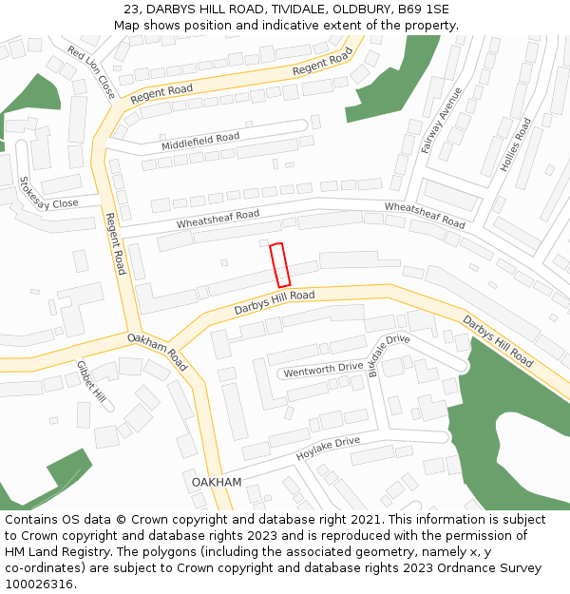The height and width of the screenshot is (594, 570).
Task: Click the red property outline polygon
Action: pyautogui.click(x=279, y=265)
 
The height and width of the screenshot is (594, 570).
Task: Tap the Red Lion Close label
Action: pyautogui.click(x=91, y=71)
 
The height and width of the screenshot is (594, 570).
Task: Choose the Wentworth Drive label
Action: pyautogui.click(x=323, y=370)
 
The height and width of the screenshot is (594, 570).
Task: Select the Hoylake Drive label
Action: pyautogui.click(x=328, y=449)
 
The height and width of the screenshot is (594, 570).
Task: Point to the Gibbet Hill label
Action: pyautogui.click(x=92, y=380)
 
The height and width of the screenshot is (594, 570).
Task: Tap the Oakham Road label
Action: pyautogui.click(x=158, y=351)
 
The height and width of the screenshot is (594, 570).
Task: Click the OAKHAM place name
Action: pyautogui.click(x=217, y=482)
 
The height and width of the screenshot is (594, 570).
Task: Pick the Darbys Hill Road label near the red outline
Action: pyautogui.click(x=275, y=303)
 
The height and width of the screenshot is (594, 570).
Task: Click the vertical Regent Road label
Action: pyautogui.click(x=115, y=243)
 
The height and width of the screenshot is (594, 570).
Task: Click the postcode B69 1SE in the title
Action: pyautogui.click(x=424, y=9)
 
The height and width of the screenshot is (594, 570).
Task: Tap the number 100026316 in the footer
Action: pyautogui.click(x=38, y=584)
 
